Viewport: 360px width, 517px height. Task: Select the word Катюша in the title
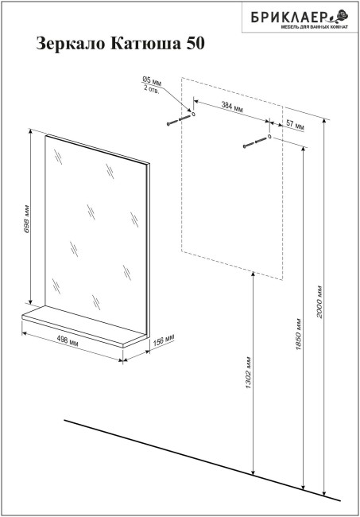tap(145, 43)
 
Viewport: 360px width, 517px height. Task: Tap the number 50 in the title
tap(195, 43)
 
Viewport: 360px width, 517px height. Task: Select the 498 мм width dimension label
tap(68, 340)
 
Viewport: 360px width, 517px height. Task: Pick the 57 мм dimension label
tap(295, 125)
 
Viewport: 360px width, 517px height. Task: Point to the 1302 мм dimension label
tap(248, 372)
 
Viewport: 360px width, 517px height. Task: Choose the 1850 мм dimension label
tap(298, 334)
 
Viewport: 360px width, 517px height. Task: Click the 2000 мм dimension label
tap(319, 301)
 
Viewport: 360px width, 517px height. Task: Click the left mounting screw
tap(179, 120)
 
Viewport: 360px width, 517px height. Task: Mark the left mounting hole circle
tap(193, 114)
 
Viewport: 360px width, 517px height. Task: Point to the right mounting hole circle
tap(269, 136)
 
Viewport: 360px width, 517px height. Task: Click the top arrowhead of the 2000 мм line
tap(324, 121)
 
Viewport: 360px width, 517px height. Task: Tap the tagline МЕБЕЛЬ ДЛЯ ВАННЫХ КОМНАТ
tap(314, 27)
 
